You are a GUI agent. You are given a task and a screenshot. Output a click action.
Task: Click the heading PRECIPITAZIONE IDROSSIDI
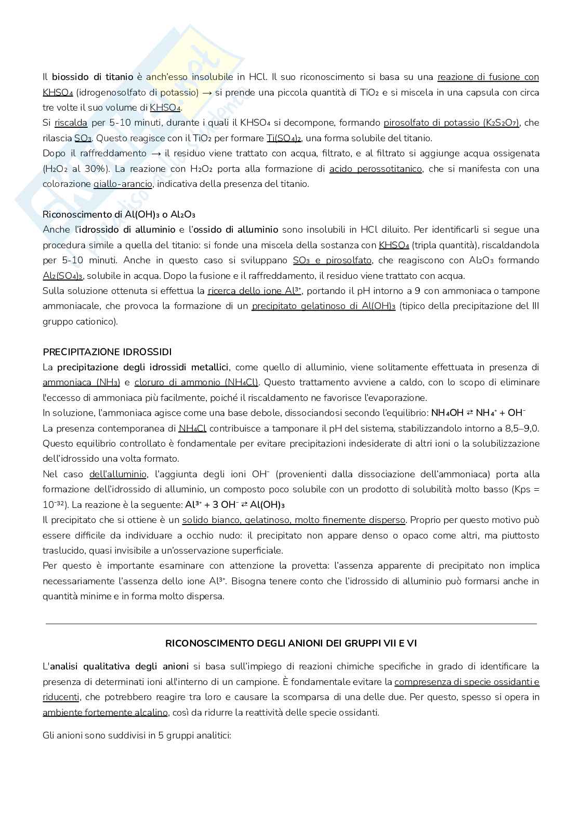107,352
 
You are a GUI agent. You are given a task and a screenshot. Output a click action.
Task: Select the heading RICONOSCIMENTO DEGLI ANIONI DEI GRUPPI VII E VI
290,643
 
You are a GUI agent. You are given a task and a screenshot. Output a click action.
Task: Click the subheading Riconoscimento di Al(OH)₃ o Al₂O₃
118,214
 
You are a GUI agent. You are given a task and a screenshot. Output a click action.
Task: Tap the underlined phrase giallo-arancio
123,184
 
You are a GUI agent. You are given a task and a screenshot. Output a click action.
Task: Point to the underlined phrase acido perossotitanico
375,169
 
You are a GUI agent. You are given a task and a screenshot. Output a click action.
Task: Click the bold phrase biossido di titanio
93,77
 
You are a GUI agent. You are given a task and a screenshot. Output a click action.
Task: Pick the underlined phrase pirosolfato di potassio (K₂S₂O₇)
451,123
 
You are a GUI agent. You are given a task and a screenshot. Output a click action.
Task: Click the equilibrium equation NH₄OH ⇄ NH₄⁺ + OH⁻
479,413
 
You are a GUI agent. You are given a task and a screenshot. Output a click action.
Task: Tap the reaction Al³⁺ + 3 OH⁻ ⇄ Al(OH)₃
234,505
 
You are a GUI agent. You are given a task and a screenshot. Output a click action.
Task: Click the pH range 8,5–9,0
519,428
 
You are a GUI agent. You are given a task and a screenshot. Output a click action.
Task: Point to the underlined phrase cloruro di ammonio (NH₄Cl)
196,382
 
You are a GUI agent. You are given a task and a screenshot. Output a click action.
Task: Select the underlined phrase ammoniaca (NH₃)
81,382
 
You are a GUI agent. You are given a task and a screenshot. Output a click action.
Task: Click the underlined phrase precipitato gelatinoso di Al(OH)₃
323,306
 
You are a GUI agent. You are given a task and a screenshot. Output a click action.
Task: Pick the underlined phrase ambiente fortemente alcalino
105,712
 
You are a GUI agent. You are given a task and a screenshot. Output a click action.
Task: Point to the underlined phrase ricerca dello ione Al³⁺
255,291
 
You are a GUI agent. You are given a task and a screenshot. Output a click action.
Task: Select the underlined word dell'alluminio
118,474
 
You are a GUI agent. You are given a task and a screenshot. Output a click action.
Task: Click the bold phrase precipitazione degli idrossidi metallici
143,367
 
